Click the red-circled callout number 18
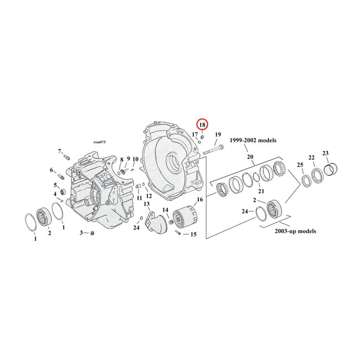click(x=203, y=125)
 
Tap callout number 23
click(x=325, y=153)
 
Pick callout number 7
click(x=60, y=151)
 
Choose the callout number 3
click(x=81, y=233)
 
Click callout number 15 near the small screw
click(x=193, y=234)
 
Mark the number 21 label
click(x=261, y=191)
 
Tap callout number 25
click(x=300, y=165)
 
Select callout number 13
click(x=147, y=204)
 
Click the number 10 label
click(x=135, y=160)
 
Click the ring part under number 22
click(x=318, y=176)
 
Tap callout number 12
click(x=148, y=196)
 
